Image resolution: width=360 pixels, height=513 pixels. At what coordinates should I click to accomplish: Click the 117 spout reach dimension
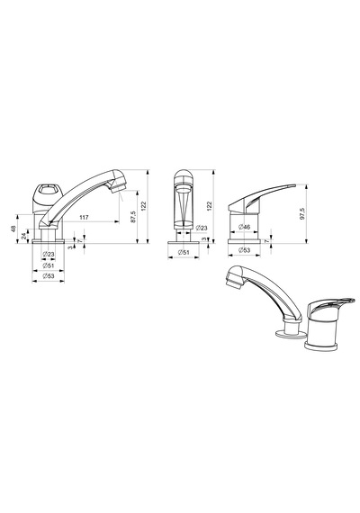click(x=84, y=217)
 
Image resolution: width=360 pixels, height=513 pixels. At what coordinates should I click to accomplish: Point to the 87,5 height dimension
click(x=133, y=217)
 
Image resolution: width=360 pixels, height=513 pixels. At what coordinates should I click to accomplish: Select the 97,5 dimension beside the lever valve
click(x=302, y=213)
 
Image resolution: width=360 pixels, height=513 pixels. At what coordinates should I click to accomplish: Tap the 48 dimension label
click(x=13, y=229)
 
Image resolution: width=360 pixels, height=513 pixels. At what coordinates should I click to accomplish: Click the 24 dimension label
click(x=24, y=236)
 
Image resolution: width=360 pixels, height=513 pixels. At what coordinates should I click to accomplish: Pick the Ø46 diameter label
click(x=244, y=227)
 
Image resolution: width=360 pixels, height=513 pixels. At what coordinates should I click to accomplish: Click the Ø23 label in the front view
click(x=202, y=228)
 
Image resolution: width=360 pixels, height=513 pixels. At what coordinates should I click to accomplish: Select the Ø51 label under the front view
click(x=184, y=252)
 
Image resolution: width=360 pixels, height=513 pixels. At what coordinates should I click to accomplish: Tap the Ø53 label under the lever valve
click(x=244, y=250)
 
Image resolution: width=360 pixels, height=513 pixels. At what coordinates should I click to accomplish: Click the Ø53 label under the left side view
click(x=49, y=275)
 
